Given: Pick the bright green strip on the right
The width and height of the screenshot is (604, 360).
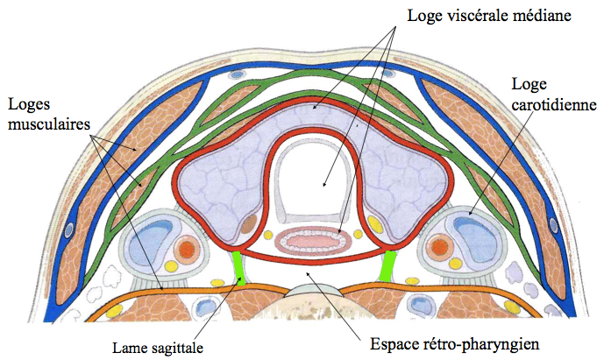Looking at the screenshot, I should point(389,265).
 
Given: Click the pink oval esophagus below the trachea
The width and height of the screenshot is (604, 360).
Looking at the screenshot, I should point(312,239).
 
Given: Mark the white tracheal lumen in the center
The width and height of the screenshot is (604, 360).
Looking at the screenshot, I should point(312,180).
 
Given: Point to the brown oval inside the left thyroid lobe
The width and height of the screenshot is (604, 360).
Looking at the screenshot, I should point(249,223).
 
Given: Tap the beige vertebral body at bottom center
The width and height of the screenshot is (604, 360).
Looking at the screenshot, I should point(312,302).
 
